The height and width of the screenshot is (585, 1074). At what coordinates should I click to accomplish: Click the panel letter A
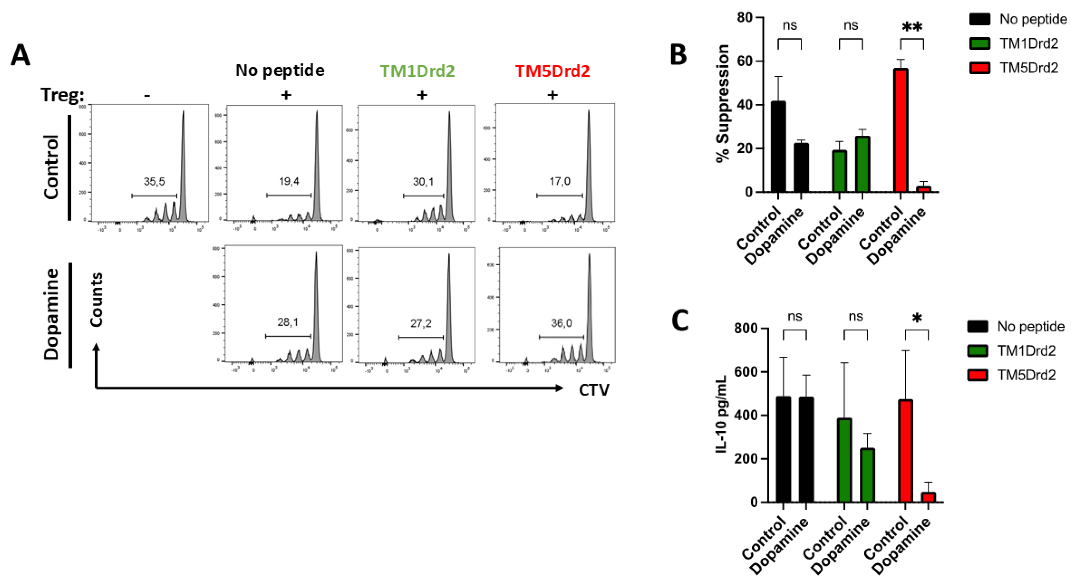pos(20,55)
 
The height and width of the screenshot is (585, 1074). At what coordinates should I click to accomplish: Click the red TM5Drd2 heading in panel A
pos(552,71)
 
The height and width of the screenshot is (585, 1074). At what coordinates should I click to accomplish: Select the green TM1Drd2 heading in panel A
pos(417,71)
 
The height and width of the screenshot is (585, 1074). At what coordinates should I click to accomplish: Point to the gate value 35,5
pos(154,182)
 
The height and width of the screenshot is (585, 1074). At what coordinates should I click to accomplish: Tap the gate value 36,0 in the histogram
pos(561,323)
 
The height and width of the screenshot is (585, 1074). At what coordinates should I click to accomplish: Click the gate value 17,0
pos(559,181)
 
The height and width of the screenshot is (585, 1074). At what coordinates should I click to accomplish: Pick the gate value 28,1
pos(288,322)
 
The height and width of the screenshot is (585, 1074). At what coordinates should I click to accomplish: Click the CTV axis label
pos(594,390)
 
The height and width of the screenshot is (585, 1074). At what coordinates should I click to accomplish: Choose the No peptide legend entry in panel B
pos(1017,19)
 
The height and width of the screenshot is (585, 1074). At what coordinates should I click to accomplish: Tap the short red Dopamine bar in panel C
pos(928,497)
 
